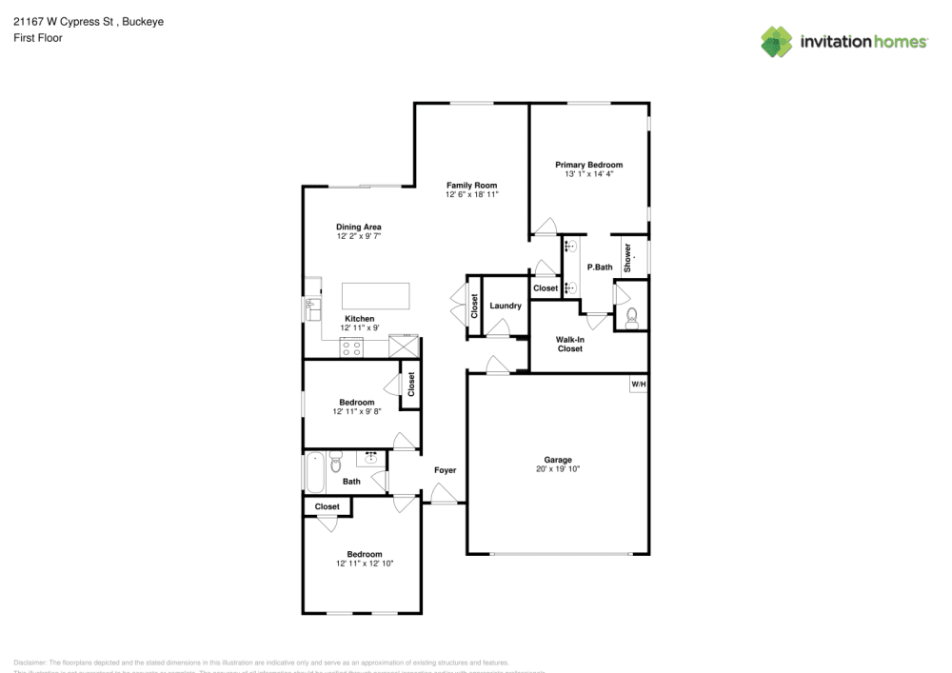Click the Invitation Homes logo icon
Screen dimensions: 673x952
(x=777, y=42)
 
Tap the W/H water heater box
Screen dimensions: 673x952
(x=638, y=385)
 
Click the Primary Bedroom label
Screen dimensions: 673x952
(x=588, y=165)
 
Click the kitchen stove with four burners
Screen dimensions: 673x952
(x=350, y=347)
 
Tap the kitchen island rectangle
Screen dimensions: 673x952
(x=377, y=295)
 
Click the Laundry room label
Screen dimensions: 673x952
(x=505, y=306)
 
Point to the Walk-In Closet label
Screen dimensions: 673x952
(x=569, y=344)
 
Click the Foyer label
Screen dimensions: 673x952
(x=445, y=470)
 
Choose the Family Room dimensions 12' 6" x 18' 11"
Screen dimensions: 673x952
(x=472, y=194)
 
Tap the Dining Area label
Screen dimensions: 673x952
(x=359, y=227)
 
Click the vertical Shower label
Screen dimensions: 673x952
(x=627, y=258)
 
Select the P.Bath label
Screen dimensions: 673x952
(x=599, y=267)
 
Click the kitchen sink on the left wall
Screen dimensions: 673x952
(x=310, y=308)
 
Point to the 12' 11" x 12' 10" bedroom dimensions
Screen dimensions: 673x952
(x=364, y=564)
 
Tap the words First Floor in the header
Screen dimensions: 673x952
(x=38, y=38)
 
